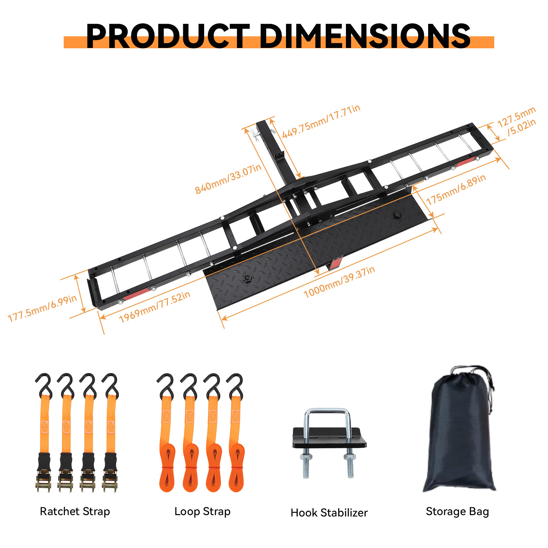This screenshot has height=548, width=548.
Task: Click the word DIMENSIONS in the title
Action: click(x=365, y=36)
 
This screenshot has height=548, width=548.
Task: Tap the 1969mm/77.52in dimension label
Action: click(x=154, y=307)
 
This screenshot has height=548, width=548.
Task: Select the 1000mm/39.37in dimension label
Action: click(x=339, y=282)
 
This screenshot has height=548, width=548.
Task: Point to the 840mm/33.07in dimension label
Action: click(x=228, y=179)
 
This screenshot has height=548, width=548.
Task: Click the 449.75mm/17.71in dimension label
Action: click(x=321, y=121)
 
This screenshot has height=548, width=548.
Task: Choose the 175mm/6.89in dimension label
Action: click(x=456, y=189)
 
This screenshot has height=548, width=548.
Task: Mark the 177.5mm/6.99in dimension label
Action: click(x=42, y=308)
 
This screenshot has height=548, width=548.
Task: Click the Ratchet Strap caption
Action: click(x=75, y=511)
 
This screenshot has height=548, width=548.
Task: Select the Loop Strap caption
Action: click(x=202, y=511)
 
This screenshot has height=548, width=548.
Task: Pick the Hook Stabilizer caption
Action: click(x=329, y=513)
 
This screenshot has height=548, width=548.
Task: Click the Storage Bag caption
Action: click(x=457, y=511)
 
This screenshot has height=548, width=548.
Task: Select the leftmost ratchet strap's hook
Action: click(x=44, y=385)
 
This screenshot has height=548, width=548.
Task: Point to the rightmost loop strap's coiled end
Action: click(x=236, y=469)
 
